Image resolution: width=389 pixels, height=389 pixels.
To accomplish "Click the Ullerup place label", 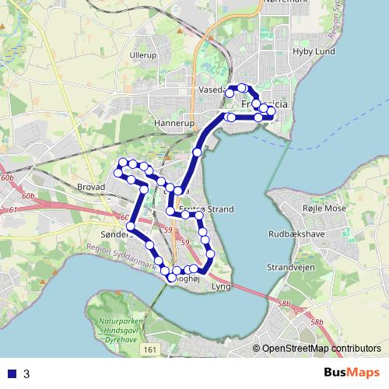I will [143, 56].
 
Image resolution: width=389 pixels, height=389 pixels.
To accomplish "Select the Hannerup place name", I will [173, 123].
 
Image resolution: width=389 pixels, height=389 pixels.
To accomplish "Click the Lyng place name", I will [221, 286].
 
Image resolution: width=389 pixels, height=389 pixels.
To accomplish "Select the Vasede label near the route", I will [211, 90].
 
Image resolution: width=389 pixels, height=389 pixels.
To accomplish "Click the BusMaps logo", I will [351, 373].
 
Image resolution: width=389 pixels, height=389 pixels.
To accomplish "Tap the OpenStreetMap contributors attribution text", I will [321, 349].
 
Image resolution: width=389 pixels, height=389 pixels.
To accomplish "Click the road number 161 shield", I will [150, 352].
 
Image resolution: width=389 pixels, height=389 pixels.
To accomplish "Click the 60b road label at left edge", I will [8, 179].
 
